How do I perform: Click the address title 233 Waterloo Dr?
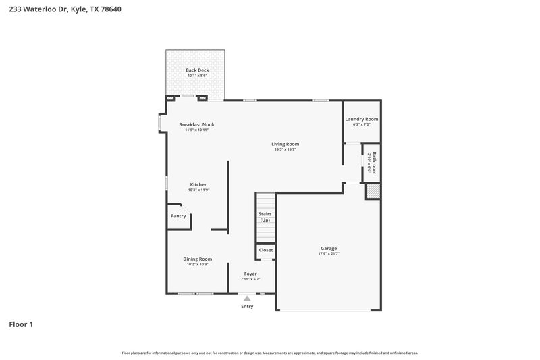pyautogui.click(x=65, y=10)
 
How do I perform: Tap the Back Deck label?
pyautogui.click(x=197, y=70)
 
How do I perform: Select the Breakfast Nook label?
pyautogui.click(x=196, y=124)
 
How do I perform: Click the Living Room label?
pyautogui.click(x=285, y=144)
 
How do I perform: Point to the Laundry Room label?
pyautogui.click(x=361, y=119)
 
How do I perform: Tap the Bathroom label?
pyautogui.click(x=373, y=163)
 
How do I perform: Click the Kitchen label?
pyautogui.click(x=198, y=184)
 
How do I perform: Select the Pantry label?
pyautogui.click(x=178, y=216)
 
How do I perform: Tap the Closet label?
pyautogui.click(x=266, y=250)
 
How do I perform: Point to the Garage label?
pyautogui.click(x=329, y=248)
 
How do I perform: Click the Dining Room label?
pyautogui.click(x=198, y=259)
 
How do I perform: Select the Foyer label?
pyautogui.click(x=250, y=274)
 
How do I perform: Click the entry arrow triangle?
pyautogui.click(x=247, y=298)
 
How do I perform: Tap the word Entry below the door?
pyautogui.click(x=247, y=307)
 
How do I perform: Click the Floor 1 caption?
pyautogui.click(x=21, y=324)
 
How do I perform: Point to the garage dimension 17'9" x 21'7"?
pyautogui.click(x=329, y=254)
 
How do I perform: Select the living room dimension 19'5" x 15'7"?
pyautogui.click(x=285, y=149)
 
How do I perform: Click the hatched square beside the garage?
pyautogui.click(x=373, y=192)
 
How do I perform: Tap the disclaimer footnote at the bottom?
pyautogui.click(x=269, y=353)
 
